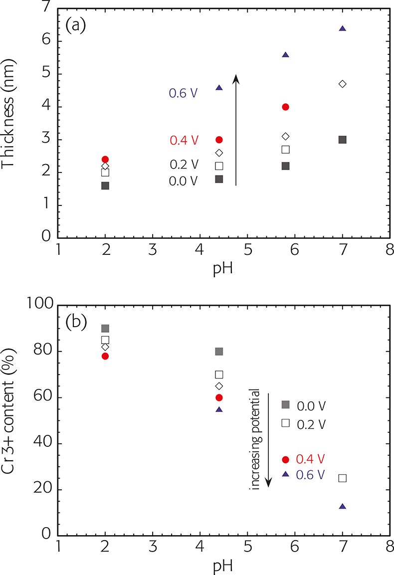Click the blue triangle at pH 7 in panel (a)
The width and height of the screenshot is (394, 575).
coord(342,28)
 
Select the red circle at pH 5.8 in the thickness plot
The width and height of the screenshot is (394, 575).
coord(286,107)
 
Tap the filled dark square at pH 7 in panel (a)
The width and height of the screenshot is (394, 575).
coord(342,140)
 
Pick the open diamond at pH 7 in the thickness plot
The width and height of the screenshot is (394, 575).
coord(342,84)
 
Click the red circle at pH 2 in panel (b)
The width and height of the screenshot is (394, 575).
coord(105,356)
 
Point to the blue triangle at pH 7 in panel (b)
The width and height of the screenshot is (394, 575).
coord(342,507)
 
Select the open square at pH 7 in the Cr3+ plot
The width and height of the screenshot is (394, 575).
coord(342,478)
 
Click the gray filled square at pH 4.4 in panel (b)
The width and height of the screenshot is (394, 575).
coord(219,352)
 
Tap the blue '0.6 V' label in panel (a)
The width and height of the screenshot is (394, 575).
coord(184,93)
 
